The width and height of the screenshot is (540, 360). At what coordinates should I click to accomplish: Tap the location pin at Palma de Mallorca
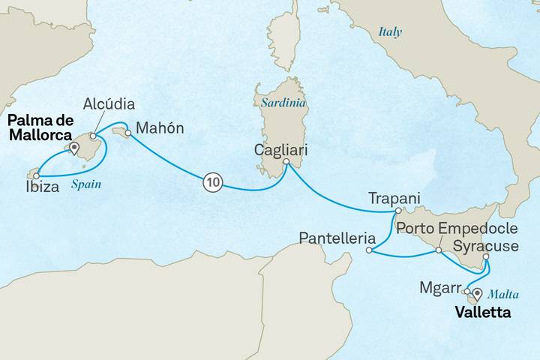pos(73,148)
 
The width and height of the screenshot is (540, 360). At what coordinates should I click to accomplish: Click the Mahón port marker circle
pos(127,134)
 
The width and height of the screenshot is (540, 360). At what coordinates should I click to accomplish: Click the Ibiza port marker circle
pos(35,175)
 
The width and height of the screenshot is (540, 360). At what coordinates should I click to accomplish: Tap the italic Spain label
pos(88,184)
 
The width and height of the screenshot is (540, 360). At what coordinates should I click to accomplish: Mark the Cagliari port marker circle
pos(286,160)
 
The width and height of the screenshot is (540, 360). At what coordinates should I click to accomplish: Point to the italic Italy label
pos(390,32)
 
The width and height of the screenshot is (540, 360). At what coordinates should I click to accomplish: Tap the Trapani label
pos(394,199)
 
